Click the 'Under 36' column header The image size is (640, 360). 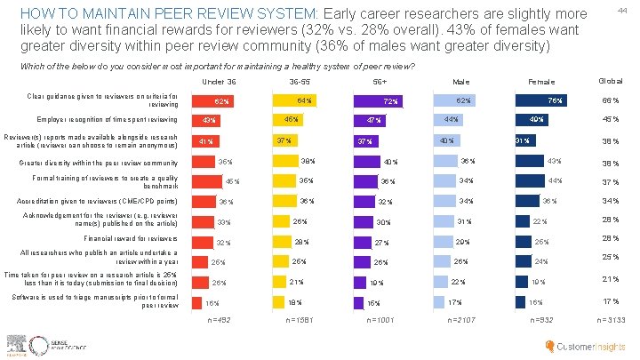220,82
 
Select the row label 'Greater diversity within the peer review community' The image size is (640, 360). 98,163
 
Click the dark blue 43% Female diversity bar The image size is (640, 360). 532,160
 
